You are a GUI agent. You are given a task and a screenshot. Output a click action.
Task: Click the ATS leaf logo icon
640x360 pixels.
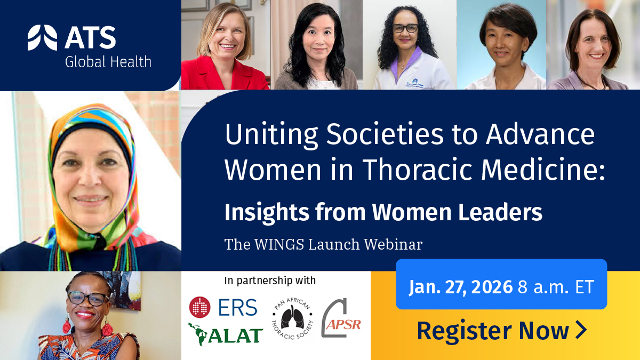click(x=42, y=38)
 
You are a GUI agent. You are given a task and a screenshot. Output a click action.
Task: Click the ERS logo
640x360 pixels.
click(x=223, y=307)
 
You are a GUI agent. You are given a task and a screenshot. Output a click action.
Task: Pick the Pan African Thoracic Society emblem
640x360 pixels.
click(x=292, y=321)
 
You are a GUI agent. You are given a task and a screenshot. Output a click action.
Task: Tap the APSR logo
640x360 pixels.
click(x=341, y=318)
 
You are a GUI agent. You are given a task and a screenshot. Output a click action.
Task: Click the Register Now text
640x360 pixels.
click(x=493, y=331)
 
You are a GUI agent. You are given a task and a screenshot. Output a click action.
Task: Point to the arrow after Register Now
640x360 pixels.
click(x=581, y=330)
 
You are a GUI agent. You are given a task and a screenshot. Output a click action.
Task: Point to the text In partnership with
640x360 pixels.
click(x=270, y=280)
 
